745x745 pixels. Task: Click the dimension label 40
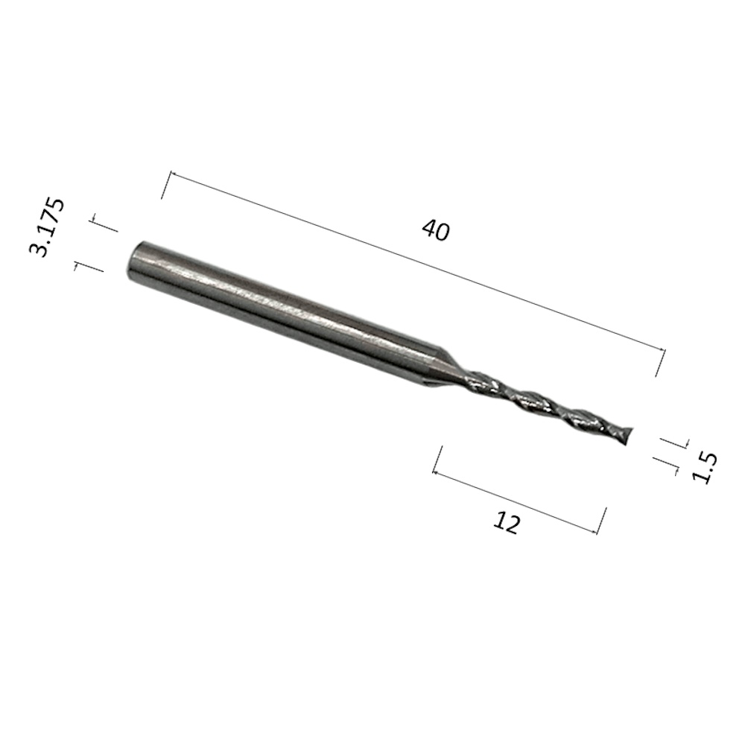pyautogui.click(x=435, y=230)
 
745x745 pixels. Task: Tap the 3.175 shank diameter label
pyautogui.click(x=46, y=227)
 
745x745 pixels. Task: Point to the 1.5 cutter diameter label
pyautogui.click(x=704, y=468)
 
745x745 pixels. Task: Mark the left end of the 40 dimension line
pyautogui.click(x=171, y=174)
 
